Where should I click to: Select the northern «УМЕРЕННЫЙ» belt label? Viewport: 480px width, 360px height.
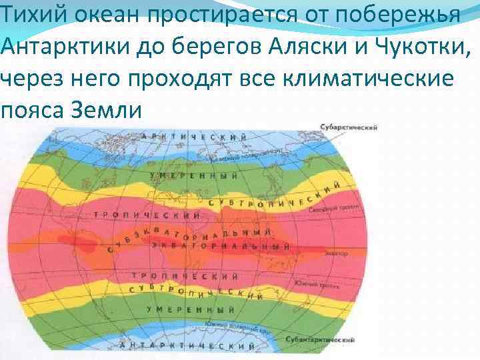click(193, 175)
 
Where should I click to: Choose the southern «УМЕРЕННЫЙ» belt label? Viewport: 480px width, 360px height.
click(189, 310)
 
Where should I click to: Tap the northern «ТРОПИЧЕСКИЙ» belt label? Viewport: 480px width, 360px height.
click(147, 215)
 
